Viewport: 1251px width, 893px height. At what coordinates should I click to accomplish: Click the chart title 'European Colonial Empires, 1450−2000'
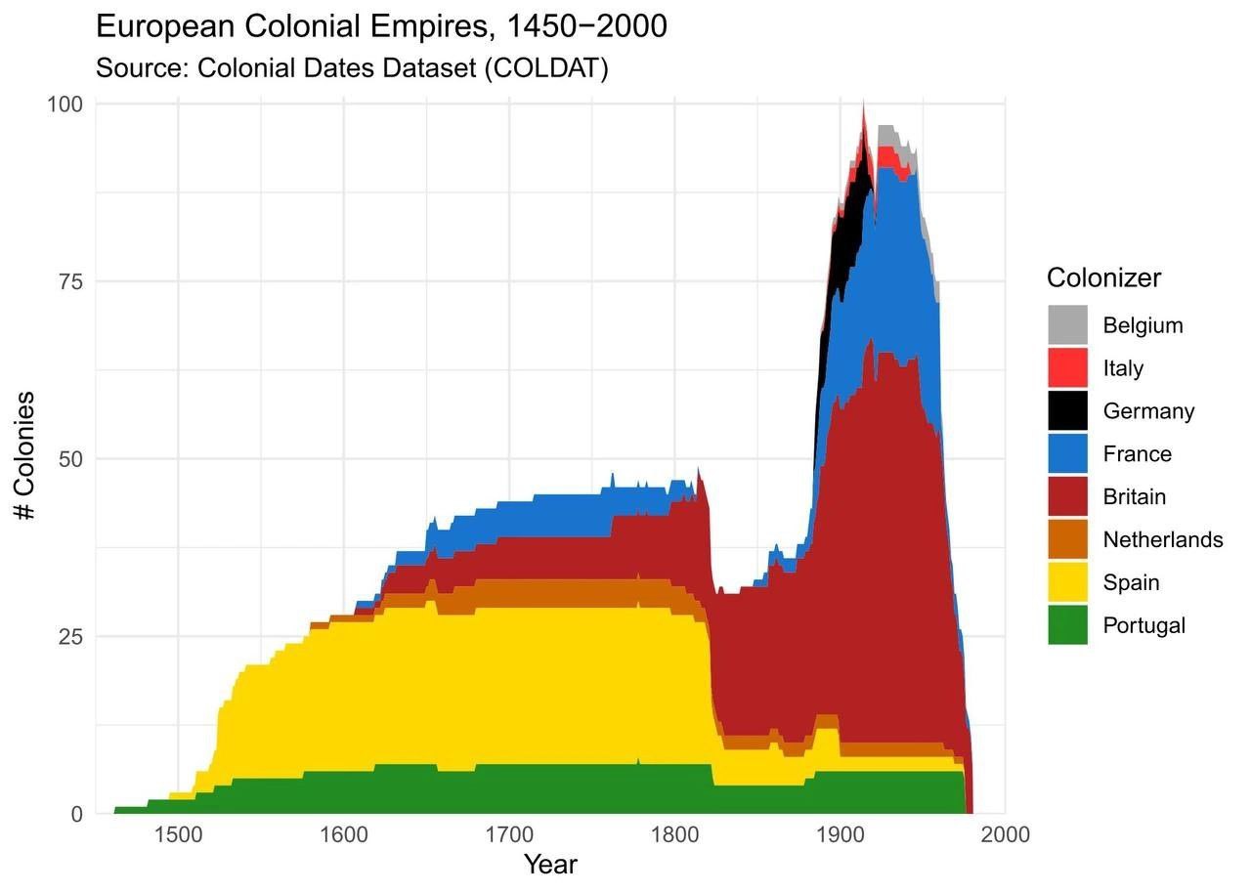381,26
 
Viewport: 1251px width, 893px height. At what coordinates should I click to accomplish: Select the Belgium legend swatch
1067,324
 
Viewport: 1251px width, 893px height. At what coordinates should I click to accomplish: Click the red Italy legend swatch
1067,367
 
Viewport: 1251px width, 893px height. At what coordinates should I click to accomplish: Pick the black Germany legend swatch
1067,410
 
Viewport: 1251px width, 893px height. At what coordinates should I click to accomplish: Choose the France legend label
1137,453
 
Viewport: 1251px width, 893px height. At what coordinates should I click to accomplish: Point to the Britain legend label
1134,496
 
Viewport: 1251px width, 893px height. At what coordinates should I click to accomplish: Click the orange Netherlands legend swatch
1067,539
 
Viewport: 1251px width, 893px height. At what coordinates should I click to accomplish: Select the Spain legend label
1131,582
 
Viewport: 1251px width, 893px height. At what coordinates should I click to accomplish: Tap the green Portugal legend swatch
1067,625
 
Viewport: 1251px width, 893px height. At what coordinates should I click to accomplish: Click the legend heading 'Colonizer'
1103,277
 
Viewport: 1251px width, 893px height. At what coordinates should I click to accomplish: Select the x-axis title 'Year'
550,865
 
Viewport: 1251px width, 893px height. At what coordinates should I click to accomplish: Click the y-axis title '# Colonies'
26,456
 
